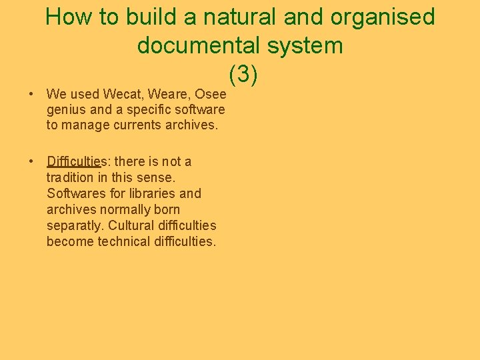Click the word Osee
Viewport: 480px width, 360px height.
pos(211,94)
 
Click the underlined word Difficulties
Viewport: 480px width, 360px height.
pos(73,162)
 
